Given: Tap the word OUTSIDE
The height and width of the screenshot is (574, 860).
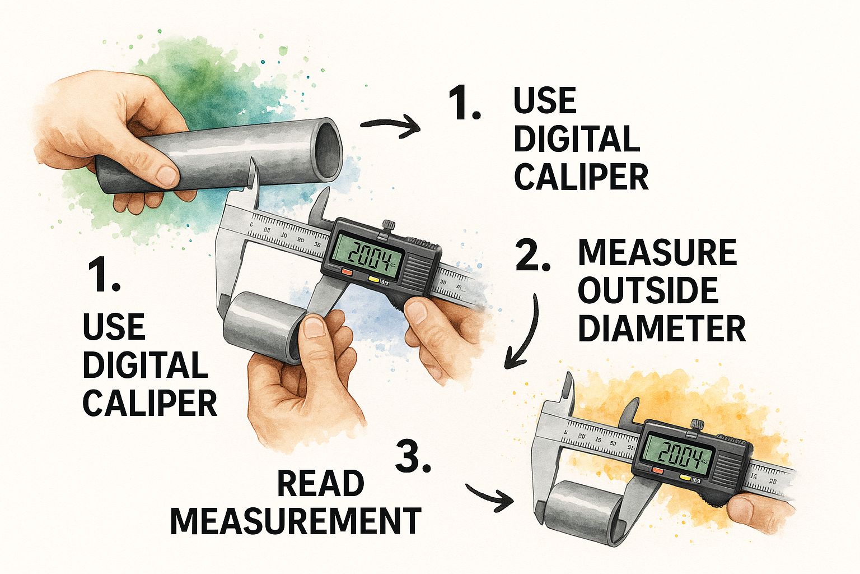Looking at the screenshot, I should (x=648, y=290).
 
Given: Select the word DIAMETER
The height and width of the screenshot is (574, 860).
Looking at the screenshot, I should (x=661, y=328).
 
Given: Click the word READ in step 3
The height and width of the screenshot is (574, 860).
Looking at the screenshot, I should (x=321, y=484).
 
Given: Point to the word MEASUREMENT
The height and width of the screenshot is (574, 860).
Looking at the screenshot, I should (x=295, y=521).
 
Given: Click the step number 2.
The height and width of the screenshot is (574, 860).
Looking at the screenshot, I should (x=532, y=257).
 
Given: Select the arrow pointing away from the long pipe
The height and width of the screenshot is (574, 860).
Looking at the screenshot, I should (x=390, y=127).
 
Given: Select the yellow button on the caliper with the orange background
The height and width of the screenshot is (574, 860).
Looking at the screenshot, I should (x=684, y=476).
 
